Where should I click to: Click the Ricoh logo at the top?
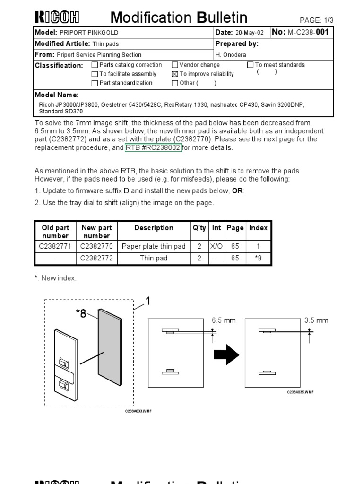coord(57,17)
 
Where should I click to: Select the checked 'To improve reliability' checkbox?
coord(175,74)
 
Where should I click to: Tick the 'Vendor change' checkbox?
coord(175,65)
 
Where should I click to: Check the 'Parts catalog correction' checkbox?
coord(95,65)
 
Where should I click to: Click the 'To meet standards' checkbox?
coord(251,65)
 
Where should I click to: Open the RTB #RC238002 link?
coord(153,148)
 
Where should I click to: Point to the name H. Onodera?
coord(231,55)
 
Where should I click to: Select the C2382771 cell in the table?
coord(55,246)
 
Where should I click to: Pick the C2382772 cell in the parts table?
coord(96,259)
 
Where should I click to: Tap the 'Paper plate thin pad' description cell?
coord(154,246)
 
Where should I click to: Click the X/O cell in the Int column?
coord(216,246)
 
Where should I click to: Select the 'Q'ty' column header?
coord(199,228)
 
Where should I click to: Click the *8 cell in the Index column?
coord(258,259)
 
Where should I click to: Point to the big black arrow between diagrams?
coord(227,354)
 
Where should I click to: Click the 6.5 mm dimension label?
coord(224,320)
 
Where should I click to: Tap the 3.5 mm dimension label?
coord(316,320)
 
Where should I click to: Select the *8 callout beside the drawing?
coord(81,313)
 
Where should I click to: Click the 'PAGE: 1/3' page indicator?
coord(317,20)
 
